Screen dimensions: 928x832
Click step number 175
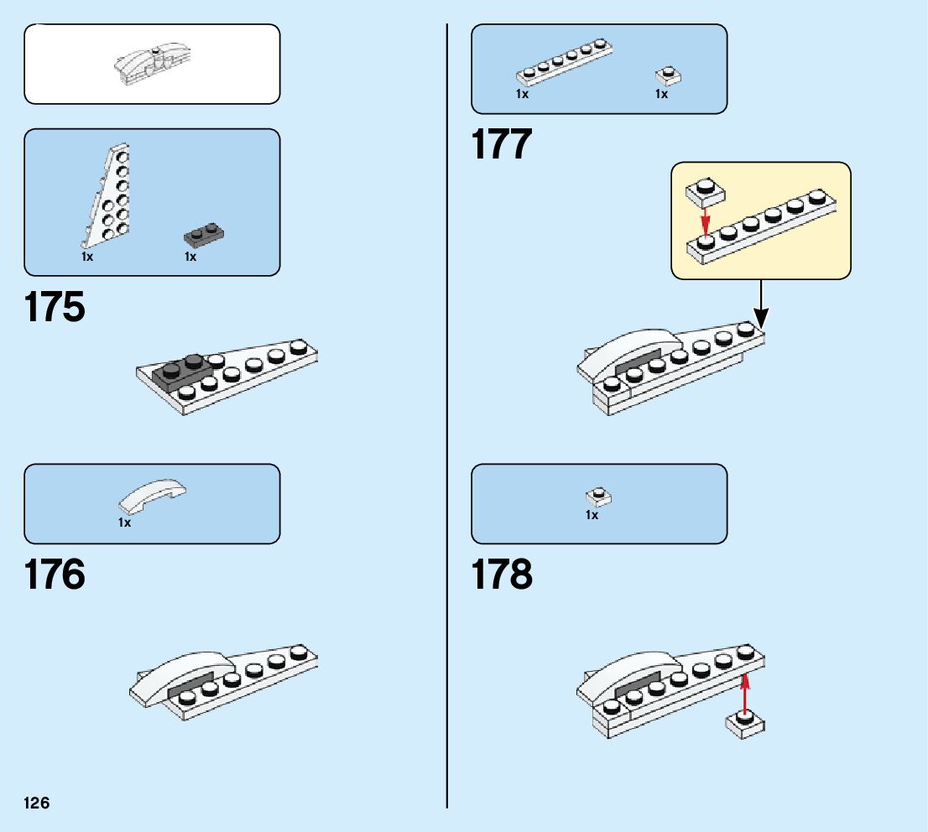[x=55, y=308]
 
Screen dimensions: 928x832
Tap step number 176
[x=55, y=576]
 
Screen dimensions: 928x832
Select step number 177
[x=502, y=144]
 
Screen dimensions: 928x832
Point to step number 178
[x=502, y=576]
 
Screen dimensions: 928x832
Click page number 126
[x=37, y=803]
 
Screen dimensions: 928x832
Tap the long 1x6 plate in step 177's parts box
[x=563, y=64]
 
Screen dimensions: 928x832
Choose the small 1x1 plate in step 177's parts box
[x=667, y=75]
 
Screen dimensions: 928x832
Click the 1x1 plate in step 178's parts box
[x=598, y=497]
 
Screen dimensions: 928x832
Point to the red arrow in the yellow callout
[x=706, y=221]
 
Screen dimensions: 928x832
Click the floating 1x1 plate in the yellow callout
[x=706, y=192]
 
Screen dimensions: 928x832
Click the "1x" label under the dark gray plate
[x=190, y=257]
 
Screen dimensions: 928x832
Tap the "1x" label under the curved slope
[x=124, y=523]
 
